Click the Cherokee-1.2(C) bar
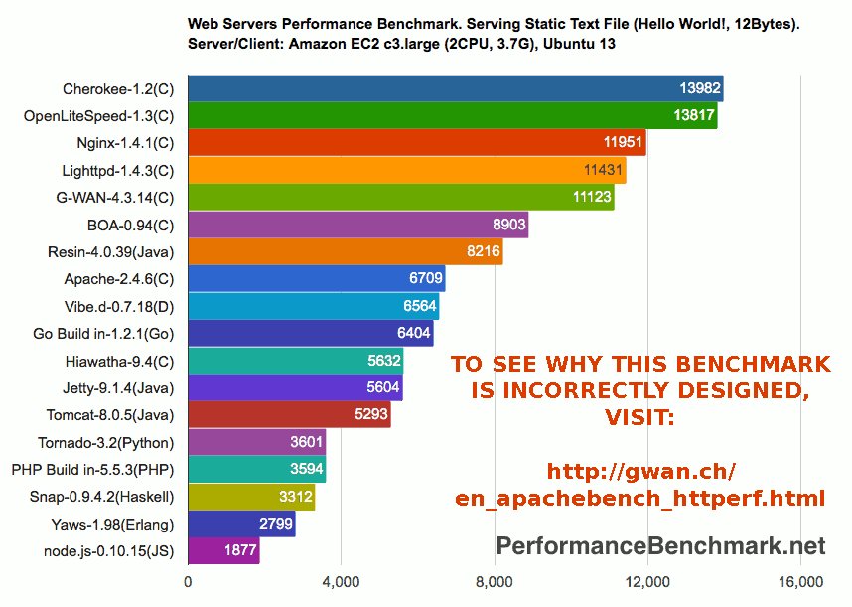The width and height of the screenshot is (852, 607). (x=455, y=88)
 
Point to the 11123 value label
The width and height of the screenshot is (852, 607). (x=592, y=198)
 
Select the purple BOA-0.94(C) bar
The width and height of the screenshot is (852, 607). (x=357, y=225)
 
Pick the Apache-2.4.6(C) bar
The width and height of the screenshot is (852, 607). (x=316, y=279)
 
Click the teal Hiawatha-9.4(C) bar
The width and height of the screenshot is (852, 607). (x=295, y=361)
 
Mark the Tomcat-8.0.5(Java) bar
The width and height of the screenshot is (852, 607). (x=289, y=414)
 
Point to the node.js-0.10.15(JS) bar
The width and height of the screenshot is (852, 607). (x=223, y=550)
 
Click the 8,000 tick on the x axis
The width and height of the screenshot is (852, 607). (x=494, y=582)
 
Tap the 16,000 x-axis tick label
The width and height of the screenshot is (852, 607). (x=800, y=582)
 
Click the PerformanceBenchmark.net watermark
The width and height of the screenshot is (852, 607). (x=660, y=545)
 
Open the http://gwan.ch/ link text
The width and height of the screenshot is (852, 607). (x=641, y=470)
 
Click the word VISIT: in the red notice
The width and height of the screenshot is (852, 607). (x=639, y=417)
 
